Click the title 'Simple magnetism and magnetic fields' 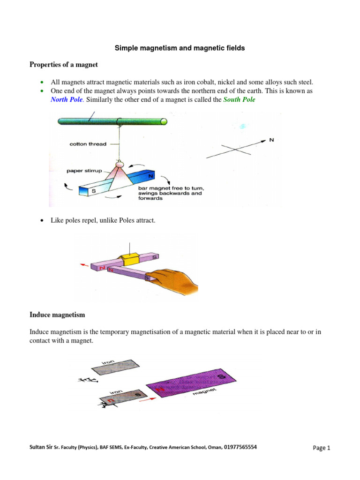(x=180, y=48)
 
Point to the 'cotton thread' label (x=88, y=144)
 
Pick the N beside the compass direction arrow (x=270, y=140)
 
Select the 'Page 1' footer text (x=322, y=448)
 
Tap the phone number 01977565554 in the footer (x=240, y=447)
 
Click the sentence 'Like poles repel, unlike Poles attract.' (x=103, y=220)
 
